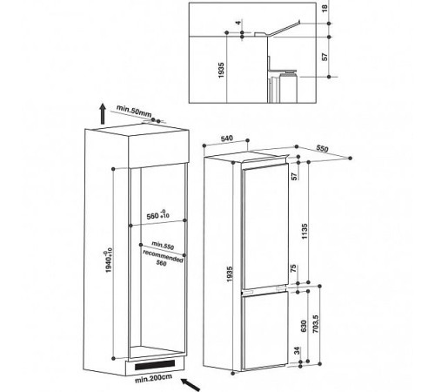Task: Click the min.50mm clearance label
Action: [x=134, y=111]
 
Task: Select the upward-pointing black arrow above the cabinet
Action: [x=103, y=113]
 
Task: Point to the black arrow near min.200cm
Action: [x=191, y=385]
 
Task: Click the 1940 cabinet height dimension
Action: [x=108, y=260]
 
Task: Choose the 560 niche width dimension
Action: [x=157, y=215]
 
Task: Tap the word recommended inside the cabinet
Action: [x=163, y=256]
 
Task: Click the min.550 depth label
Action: [x=163, y=246]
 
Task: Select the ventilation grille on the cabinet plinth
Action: [x=155, y=365]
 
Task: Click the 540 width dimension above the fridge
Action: [x=227, y=139]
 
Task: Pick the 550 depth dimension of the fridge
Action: [x=322, y=149]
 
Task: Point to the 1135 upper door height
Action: [x=304, y=231]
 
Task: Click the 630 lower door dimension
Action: [x=304, y=326]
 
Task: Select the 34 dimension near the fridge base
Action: [x=297, y=351]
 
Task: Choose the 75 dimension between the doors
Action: [x=293, y=268]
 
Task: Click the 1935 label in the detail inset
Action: [x=221, y=70]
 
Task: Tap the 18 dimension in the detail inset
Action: [x=325, y=8]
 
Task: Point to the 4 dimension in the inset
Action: [x=238, y=23]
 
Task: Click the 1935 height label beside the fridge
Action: [x=230, y=274]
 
